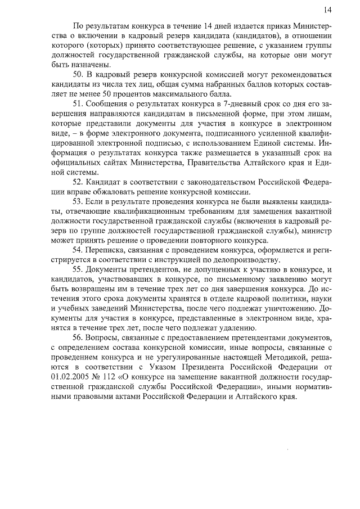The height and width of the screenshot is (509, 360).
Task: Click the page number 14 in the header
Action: pos(328,10)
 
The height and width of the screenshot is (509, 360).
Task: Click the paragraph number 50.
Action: pos(79,74)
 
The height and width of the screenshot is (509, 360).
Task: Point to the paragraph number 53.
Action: pos(79,201)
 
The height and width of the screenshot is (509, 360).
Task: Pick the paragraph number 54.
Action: pos(79,249)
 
